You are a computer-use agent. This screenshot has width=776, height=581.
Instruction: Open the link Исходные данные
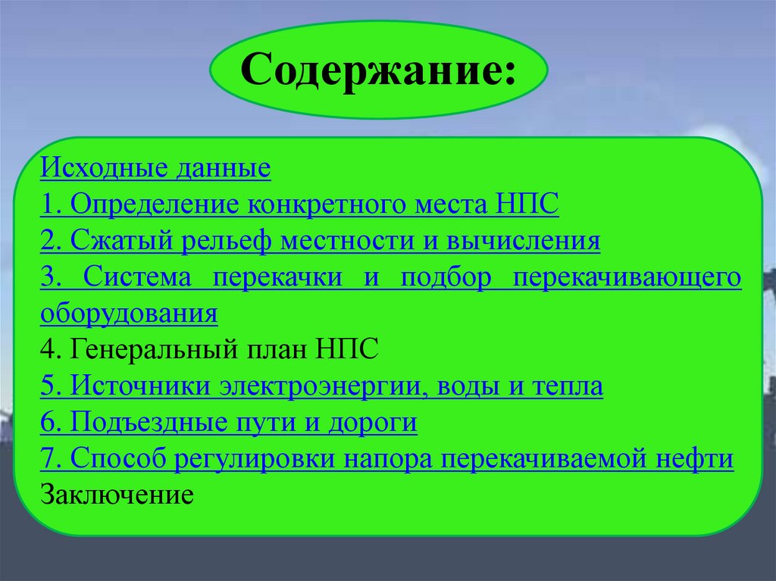pyautogui.click(x=155, y=168)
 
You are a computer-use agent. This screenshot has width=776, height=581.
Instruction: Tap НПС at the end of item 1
pyautogui.click(x=528, y=205)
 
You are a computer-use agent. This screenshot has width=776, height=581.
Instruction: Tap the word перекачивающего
pyautogui.click(x=627, y=277)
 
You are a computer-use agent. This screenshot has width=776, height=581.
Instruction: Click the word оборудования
pyautogui.click(x=130, y=314)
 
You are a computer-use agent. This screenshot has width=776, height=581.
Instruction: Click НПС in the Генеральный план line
pyautogui.click(x=347, y=351)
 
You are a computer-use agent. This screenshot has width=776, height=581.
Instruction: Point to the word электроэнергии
pyautogui.click(x=318, y=387)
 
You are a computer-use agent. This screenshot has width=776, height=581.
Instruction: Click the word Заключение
pyautogui.click(x=117, y=496)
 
